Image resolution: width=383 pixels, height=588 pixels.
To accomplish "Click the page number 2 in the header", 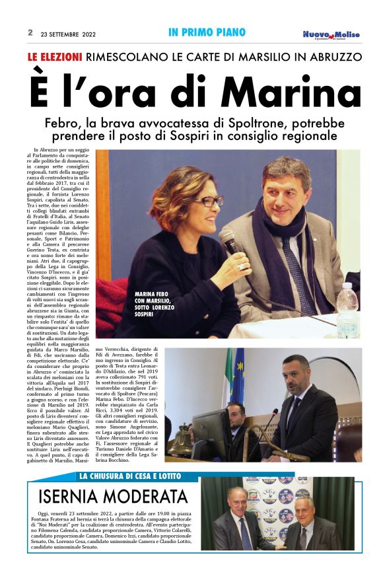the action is click(30, 32).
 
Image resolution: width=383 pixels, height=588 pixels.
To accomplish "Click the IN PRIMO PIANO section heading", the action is click(207, 32).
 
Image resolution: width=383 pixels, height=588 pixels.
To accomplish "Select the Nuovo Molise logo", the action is click(331, 35).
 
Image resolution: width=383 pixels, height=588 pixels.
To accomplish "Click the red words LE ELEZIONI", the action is click(55, 57).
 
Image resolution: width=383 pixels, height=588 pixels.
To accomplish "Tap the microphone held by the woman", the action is click(231, 242).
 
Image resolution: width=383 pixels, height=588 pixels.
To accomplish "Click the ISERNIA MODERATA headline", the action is click(113, 497).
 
